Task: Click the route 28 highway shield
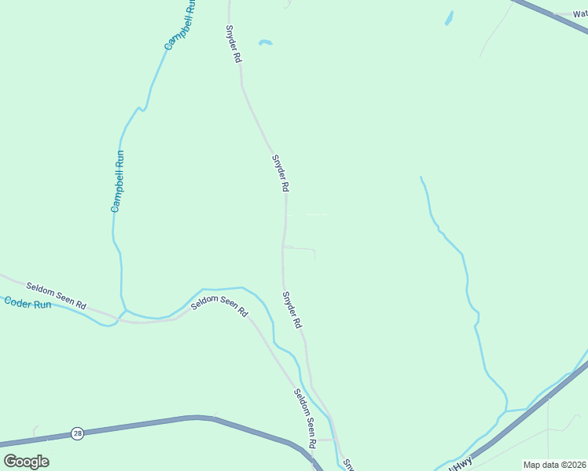point(77,433)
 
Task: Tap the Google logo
point(26,462)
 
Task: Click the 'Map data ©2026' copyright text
point(554,465)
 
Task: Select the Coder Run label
point(28,302)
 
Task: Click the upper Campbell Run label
point(180,25)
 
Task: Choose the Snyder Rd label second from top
point(281,173)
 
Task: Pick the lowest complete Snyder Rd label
point(292,310)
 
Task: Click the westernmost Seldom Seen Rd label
point(56,295)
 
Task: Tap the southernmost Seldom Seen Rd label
point(305,418)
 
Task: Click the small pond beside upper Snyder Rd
point(265,42)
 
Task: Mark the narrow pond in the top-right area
point(449,17)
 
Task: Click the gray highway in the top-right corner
point(550,16)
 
